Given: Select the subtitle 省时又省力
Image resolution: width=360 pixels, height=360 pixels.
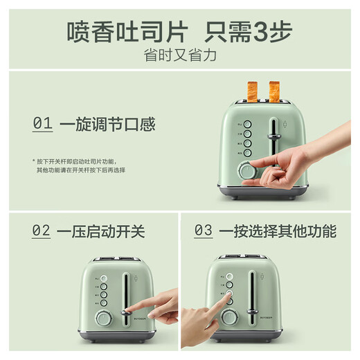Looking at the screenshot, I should tap(180, 55).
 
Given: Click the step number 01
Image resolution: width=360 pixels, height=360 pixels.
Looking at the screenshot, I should tap(42, 125).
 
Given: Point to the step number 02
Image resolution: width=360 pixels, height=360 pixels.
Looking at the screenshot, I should tap(42, 231).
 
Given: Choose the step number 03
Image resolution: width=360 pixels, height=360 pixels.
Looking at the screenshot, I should tap(203, 231).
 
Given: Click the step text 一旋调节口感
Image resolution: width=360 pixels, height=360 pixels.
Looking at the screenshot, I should tap(107, 125).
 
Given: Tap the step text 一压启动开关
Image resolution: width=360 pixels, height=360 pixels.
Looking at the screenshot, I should tap(102, 231).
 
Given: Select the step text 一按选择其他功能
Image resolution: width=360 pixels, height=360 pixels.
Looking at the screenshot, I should tap(277, 231).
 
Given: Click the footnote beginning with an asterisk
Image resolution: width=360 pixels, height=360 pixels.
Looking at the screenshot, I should tap(78, 165).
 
